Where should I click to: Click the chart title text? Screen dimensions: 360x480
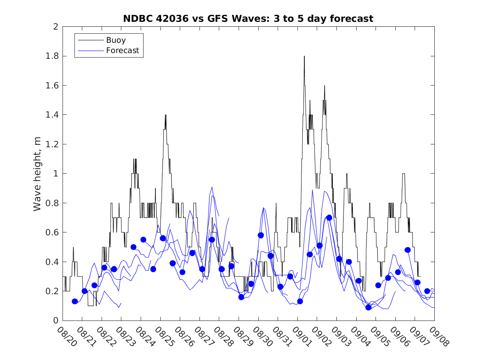[248, 19]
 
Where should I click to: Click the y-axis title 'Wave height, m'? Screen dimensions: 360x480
[37, 174]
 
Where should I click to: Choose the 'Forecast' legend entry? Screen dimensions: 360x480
[123, 51]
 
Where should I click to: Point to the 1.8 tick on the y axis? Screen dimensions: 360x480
[52, 56]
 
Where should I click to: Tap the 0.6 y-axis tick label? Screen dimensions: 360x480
[52, 232]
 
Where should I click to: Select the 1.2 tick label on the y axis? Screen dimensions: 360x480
[52, 144]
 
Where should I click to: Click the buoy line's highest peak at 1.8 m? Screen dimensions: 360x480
[304, 56]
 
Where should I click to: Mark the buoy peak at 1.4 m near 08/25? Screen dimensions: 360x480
[165, 115]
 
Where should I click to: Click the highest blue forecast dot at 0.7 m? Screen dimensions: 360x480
[329, 218]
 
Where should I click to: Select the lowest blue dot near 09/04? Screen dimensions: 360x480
[369, 307]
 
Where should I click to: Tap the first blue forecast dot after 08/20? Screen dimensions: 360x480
[75, 301]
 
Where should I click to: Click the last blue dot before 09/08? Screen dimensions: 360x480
[427, 291]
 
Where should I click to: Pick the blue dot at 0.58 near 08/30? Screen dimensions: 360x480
[261, 235]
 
